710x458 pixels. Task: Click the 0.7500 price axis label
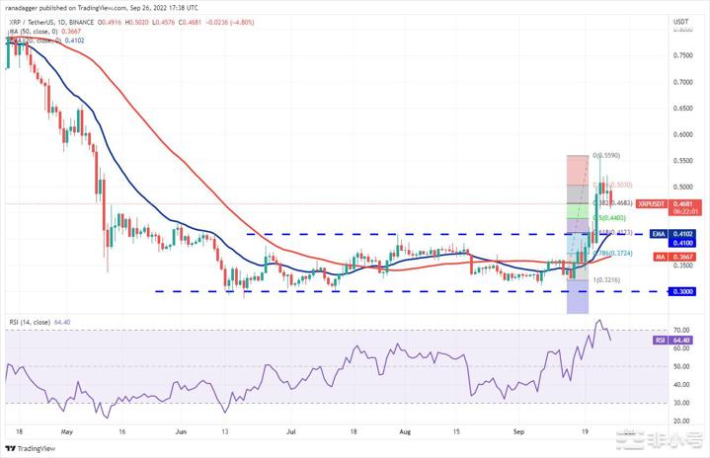(680, 55)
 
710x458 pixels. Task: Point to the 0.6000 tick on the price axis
(680, 134)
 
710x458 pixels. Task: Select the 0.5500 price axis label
(680, 160)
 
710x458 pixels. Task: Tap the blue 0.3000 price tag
(680, 292)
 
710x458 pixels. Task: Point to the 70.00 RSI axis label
(680, 330)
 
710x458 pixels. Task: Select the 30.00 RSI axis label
(680, 403)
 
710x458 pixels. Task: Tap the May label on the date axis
(66, 431)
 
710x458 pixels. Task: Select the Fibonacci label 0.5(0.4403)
(612, 217)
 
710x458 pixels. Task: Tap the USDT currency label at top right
(680, 20)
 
